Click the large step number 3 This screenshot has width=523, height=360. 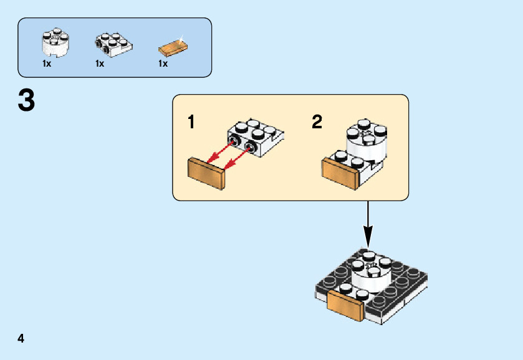point(26,101)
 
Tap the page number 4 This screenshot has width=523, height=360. point(21,339)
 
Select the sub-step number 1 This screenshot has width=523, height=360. point(191,123)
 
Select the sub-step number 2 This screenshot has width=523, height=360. point(317,122)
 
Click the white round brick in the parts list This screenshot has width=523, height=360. point(55,41)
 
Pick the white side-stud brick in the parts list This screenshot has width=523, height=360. point(114,42)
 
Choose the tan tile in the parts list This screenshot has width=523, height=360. point(173,48)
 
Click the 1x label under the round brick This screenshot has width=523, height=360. point(47,64)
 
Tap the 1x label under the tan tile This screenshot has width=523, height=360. point(163,64)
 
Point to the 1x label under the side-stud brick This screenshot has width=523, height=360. point(100,64)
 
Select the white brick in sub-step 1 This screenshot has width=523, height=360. point(256,137)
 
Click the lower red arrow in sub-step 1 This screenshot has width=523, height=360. point(236,159)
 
